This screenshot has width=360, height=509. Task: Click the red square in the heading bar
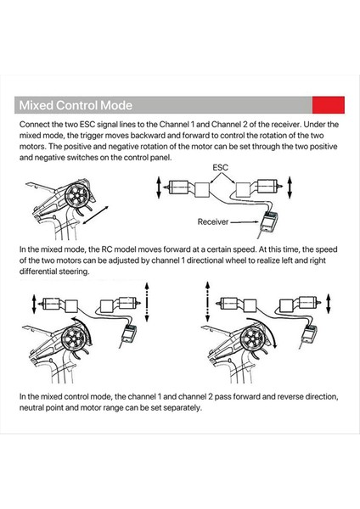(x=328, y=105)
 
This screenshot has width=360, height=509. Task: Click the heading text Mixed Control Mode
(x=76, y=105)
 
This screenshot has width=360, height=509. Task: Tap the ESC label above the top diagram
(x=220, y=167)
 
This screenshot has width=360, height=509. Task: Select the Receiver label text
(x=213, y=221)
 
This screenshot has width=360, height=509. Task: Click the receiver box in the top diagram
(x=269, y=221)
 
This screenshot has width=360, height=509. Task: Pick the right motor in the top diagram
(x=268, y=186)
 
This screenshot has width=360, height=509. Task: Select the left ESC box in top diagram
(x=202, y=189)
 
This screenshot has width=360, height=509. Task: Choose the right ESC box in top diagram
(x=243, y=189)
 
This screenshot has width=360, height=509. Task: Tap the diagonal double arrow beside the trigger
(x=96, y=215)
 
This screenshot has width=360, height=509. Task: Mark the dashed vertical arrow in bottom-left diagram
(x=147, y=302)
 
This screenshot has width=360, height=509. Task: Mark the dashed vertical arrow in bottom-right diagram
(x=207, y=302)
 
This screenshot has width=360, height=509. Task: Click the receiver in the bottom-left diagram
(x=129, y=333)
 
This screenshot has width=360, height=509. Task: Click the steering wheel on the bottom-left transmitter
(x=73, y=338)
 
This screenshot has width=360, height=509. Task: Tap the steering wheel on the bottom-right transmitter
(x=252, y=338)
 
